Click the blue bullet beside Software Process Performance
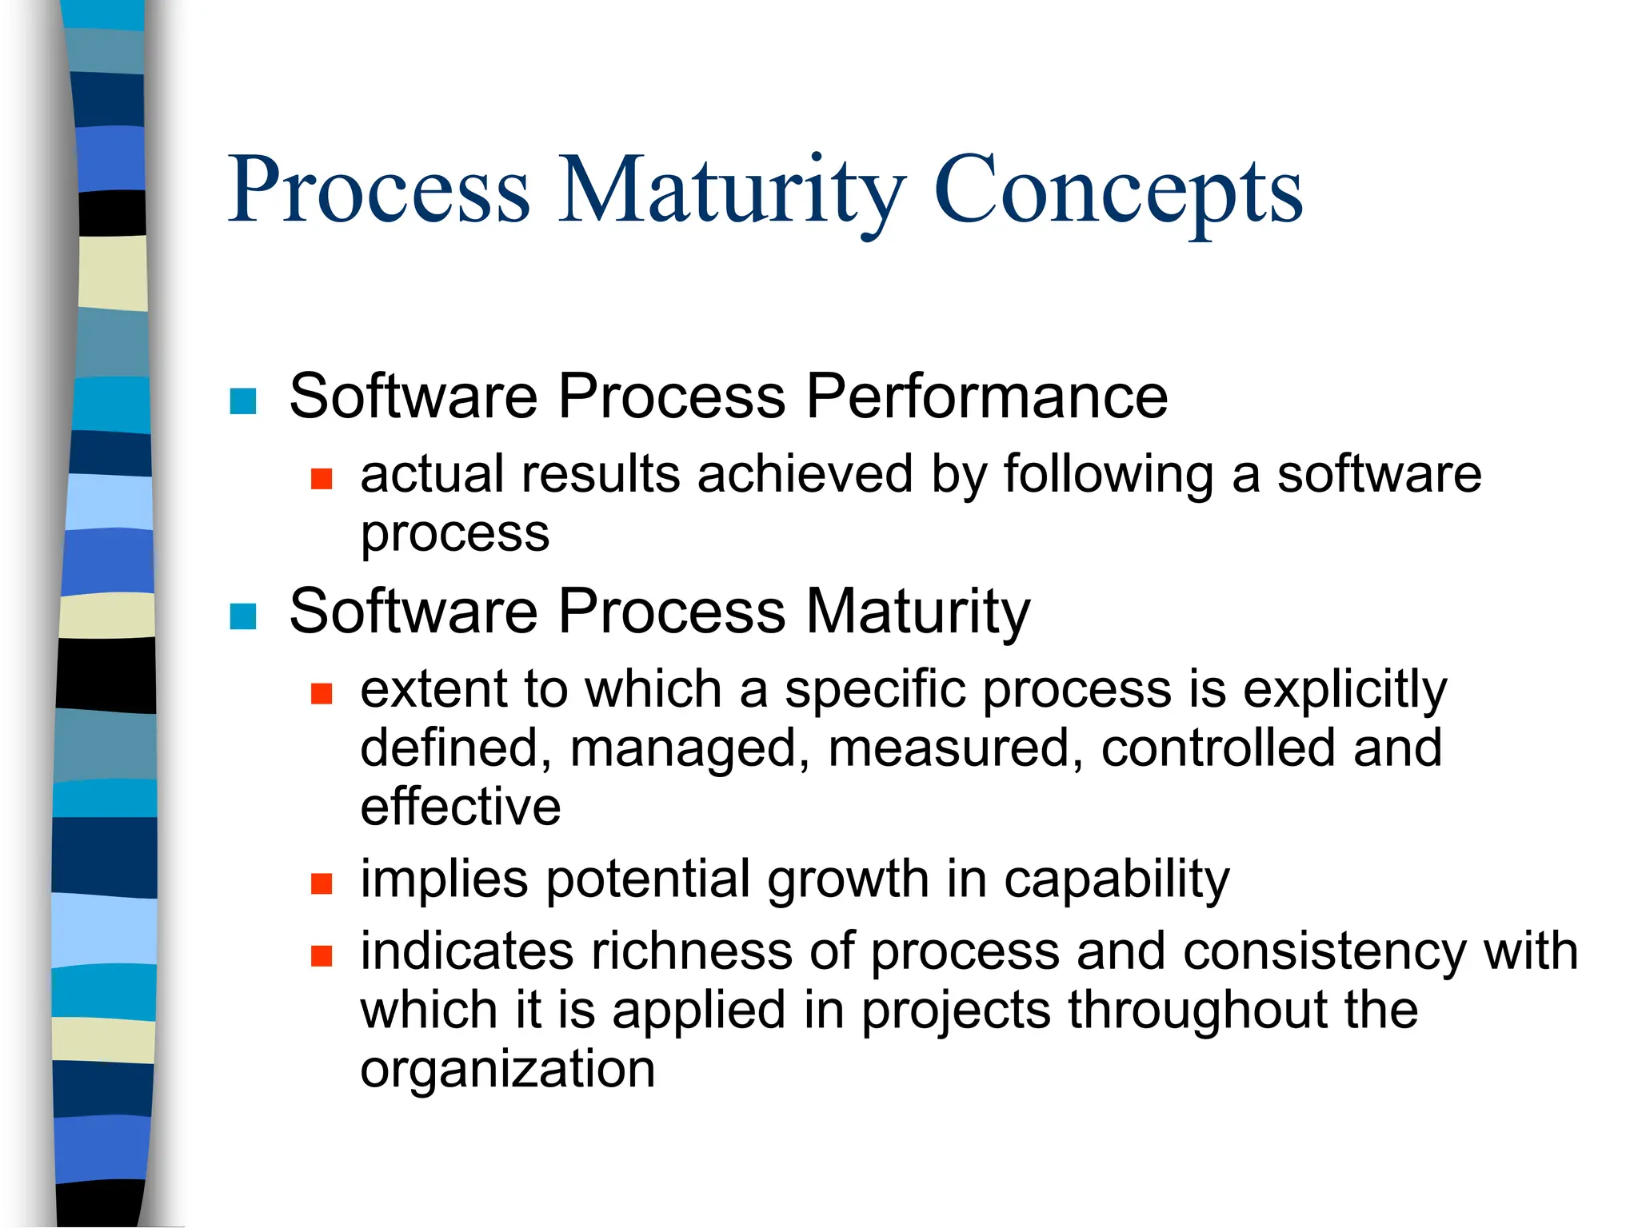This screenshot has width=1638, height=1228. tap(243, 401)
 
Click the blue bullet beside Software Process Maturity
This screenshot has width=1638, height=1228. tap(243, 616)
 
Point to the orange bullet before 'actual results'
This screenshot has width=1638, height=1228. tap(322, 479)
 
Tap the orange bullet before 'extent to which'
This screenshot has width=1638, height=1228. tap(322, 693)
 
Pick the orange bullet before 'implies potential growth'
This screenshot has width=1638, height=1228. tap(322, 883)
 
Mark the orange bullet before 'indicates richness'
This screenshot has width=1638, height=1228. tap(322, 956)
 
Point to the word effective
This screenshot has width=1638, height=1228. tap(460, 806)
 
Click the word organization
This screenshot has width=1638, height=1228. tap(507, 1070)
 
